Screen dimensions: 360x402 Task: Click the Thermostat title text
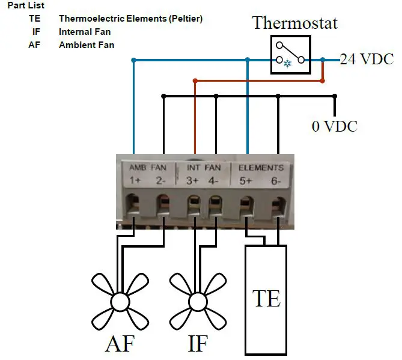coord(294,23)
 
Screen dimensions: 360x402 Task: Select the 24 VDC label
coord(367,59)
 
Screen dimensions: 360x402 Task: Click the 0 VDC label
coord(334,126)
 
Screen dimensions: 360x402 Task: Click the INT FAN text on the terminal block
coord(204,167)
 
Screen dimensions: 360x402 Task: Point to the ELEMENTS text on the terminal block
coord(261,167)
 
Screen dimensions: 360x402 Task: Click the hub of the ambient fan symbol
coord(120,301)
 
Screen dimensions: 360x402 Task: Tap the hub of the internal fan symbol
coord(197,301)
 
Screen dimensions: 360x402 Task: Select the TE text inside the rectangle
coord(266,298)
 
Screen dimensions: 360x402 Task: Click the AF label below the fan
coord(120,344)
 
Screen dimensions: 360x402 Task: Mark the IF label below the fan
coord(197,344)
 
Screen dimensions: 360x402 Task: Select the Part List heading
coord(26,5)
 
